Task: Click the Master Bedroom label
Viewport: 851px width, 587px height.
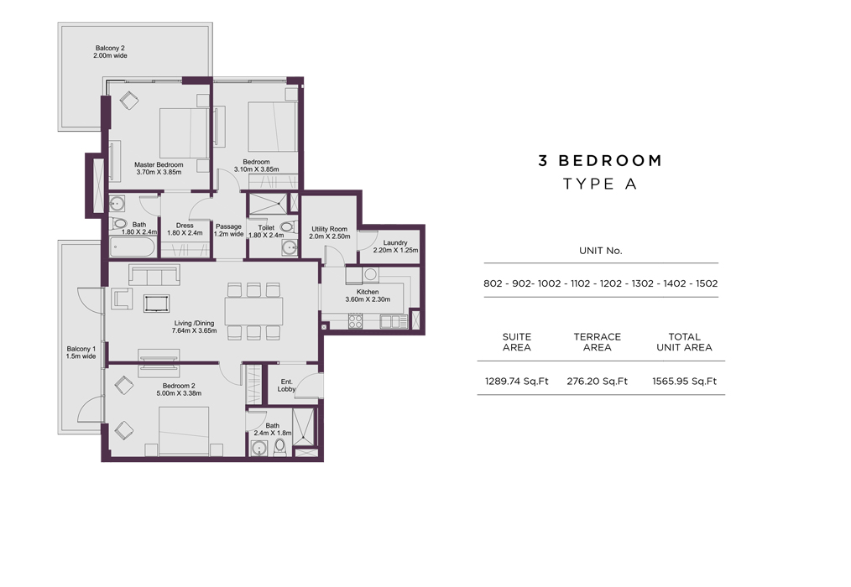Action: pyautogui.click(x=159, y=164)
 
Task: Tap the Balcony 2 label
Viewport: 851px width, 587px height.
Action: pyautogui.click(x=110, y=48)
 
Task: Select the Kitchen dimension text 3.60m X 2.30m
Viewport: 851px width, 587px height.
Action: pyautogui.click(x=368, y=299)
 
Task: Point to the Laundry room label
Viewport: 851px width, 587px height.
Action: pyautogui.click(x=395, y=242)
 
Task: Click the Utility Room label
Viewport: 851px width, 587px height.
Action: pyautogui.click(x=330, y=229)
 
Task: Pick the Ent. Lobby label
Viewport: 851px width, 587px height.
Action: pyautogui.click(x=286, y=385)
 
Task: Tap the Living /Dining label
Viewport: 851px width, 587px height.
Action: pyautogui.click(x=195, y=323)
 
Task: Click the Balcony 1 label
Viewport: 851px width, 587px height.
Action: pyautogui.click(x=81, y=349)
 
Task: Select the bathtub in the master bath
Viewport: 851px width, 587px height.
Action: pyautogui.click(x=133, y=247)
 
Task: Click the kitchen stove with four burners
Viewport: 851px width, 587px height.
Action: pyautogui.click(x=356, y=321)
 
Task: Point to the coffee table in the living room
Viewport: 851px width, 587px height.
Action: pyautogui.click(x=157, y=304)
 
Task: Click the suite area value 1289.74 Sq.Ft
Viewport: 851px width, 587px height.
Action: pyautogui.click(x=517, y=382)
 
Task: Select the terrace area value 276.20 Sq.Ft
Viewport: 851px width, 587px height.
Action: pyautogui.click(x=597, y=382)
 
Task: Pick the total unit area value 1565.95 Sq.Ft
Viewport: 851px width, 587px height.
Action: pyautogui.click(x=684, y=382)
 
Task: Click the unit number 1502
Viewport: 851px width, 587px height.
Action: pyautogui.click(x=707, y=283)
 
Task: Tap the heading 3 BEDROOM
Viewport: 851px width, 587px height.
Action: pyautogui.click(x=600, y=160)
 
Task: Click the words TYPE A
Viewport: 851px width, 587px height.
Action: pyautogui.click(x=600, y=184)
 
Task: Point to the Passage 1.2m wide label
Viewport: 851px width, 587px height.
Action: pyautogui.click(x=228, y=231)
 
